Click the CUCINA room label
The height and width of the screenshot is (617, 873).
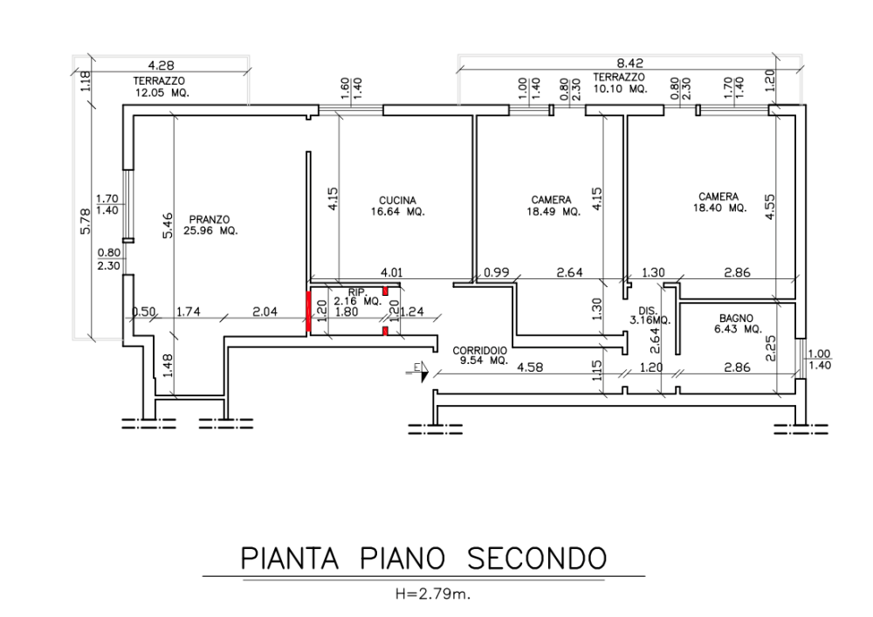[x=397, y=201]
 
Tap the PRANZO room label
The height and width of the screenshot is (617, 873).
[x=210, y=220]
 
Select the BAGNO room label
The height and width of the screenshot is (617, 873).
[x=736, y=319]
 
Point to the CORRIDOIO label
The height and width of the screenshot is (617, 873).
[x=480, y=351]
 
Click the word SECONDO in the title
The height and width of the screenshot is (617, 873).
[x=536, y=558]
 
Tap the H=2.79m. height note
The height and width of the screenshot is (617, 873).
[x=433, y=594]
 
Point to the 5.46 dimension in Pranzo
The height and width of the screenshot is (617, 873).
[x=167, y=225]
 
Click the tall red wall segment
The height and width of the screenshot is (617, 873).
[x=308, y=312]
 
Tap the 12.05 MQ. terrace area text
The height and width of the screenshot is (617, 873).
[x=162, y=93]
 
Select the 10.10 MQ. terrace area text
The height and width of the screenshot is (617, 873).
[x=619, y=88]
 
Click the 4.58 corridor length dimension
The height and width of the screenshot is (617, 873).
[x=530, y=367]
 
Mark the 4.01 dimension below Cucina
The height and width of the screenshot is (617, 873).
[x=391, y=272]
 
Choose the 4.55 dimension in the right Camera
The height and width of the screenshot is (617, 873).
[x=770, y=207]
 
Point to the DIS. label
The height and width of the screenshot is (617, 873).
[x=648, y=311]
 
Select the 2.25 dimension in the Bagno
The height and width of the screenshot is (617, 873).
[x=771, y=349]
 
